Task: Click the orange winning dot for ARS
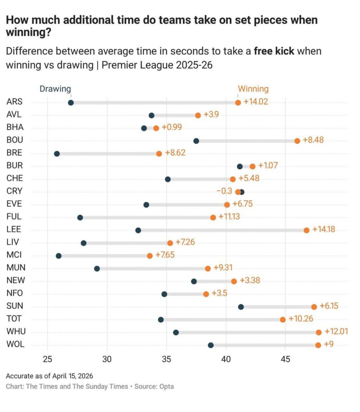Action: (x=238, y=103)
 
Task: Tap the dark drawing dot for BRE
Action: (x=57, y=154)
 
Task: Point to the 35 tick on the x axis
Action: (x=167, y=359)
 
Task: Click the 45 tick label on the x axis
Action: (x=285, y=359)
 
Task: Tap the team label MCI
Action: (x=14, y=255)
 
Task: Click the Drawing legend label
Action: (x=55, y=89)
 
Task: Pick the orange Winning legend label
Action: (x=253, y=89)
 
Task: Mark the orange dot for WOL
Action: (x=318, y=345)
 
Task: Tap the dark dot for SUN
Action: (x=241, y=307)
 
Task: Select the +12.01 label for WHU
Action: (x=336, y=332)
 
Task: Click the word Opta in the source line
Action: (x=167, y=386)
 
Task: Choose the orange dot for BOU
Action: (x=297, y=141)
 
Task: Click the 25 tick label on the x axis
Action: (x=47, y=359)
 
